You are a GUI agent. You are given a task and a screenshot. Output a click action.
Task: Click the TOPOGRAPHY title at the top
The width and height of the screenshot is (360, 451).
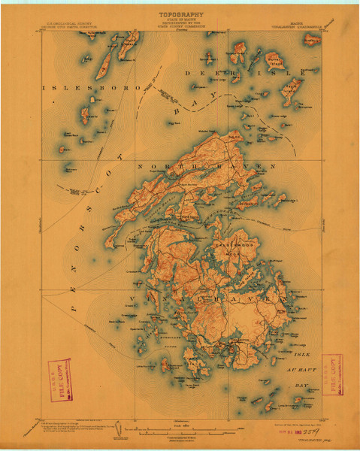pos(180,14)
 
